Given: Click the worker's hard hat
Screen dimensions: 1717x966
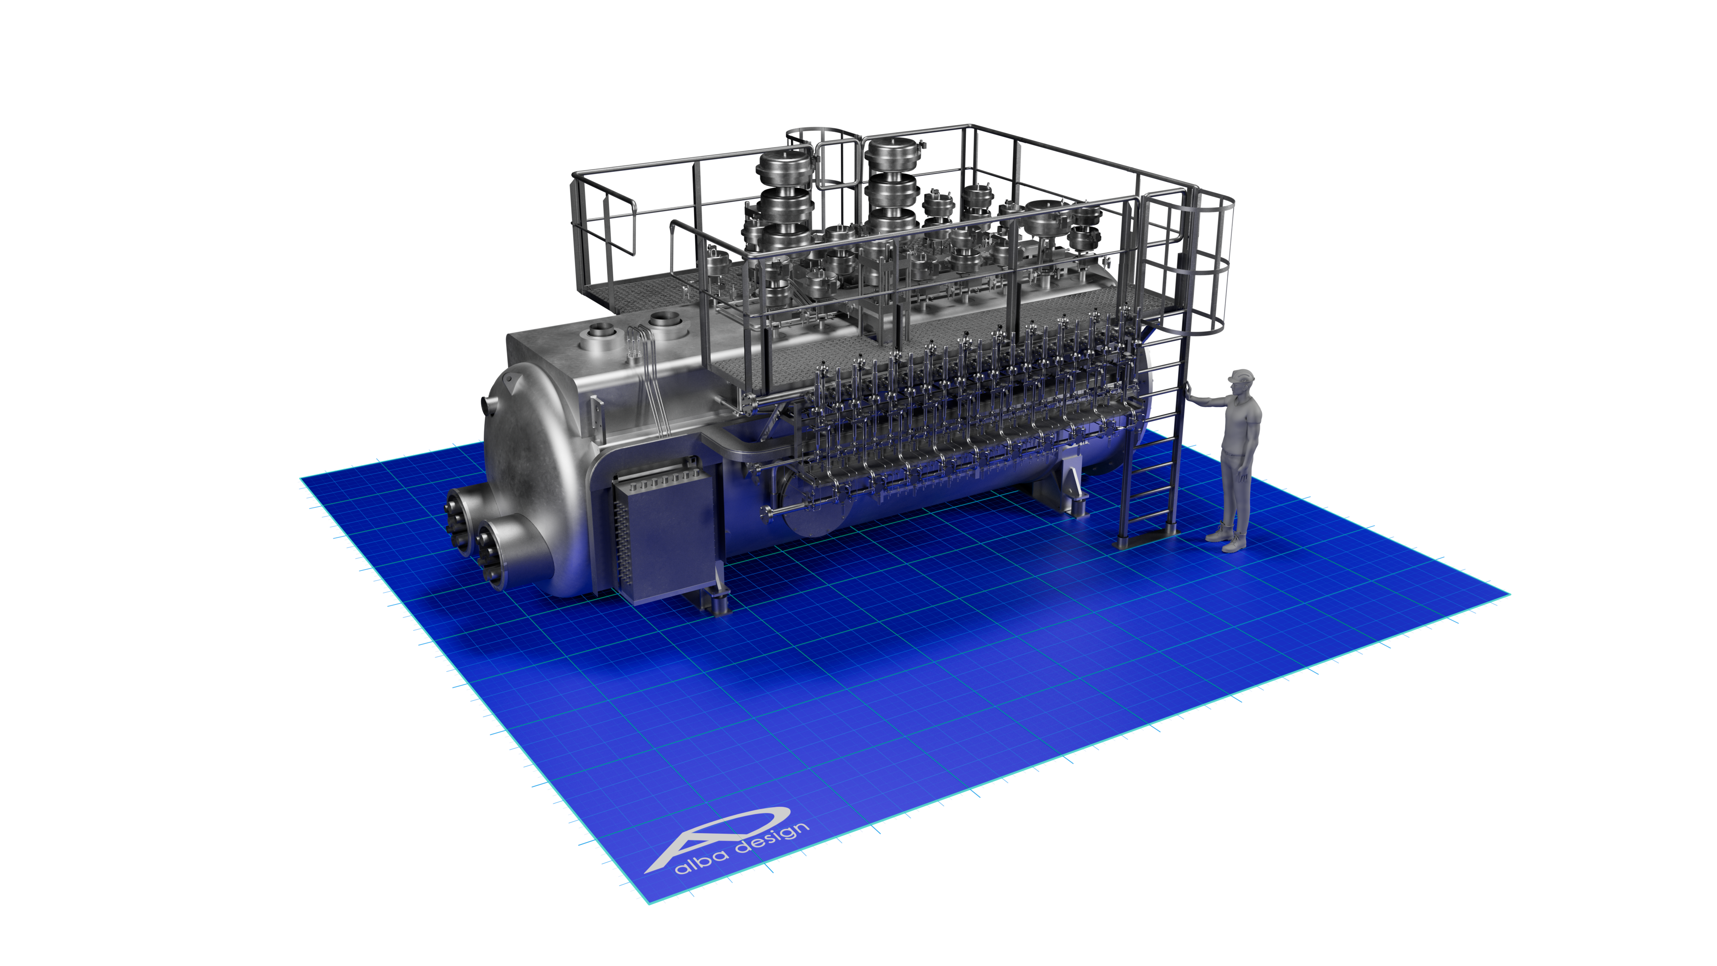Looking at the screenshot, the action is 1241,375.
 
